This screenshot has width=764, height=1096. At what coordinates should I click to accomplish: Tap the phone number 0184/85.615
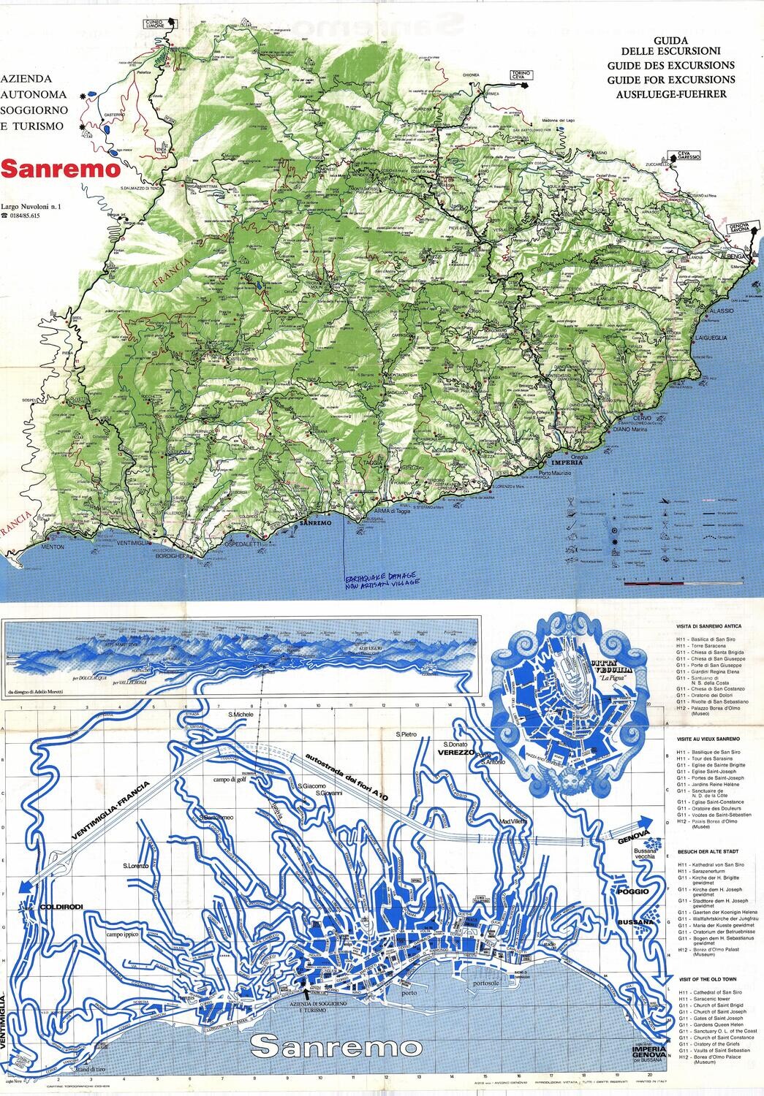pos(35,216)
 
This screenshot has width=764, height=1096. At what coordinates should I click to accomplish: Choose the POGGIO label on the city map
pos(632,892)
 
